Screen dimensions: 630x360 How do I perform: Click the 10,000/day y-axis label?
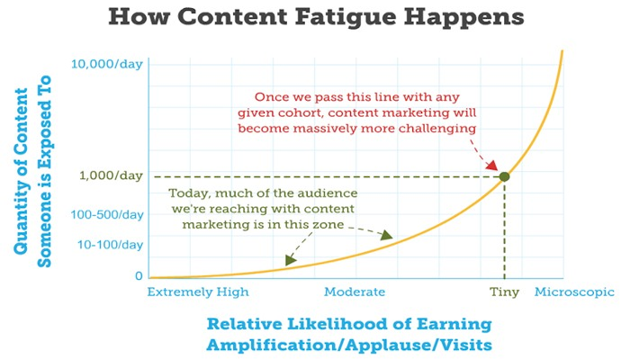(107, 64)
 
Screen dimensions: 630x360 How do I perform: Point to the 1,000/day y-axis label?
(111, 176)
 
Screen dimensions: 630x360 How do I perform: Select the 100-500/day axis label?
(107, 214)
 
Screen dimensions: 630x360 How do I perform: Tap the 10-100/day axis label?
(110, 245)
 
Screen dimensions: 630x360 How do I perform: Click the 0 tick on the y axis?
(139, 276)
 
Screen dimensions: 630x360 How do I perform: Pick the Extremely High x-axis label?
(198, 292)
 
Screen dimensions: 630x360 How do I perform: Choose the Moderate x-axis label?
(355, 292)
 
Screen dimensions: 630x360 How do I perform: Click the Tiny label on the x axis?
(504, 292)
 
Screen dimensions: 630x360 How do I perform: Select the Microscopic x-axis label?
(574, 292)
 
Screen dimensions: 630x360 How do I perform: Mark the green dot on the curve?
(505, 176)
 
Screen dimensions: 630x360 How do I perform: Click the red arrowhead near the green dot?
(492, 165)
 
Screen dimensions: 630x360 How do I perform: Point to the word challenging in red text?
(437, 129)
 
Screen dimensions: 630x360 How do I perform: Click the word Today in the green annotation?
(190, 193)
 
